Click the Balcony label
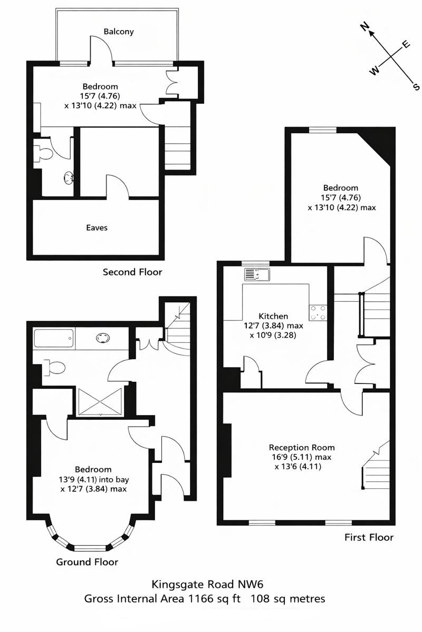click(x=119, y=32)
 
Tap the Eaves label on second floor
click(x=97, y=228)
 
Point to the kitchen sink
click(x=257, y=275)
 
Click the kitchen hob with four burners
click(x=319, y=312)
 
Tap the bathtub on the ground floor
click(x=53, y=338)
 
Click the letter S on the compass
click(x=416, y=86)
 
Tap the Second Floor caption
click(x=132, y=272)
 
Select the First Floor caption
click(x=369, y=538)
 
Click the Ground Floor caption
click(x=87, y=562)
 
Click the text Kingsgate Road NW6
click(x=207, y=584)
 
